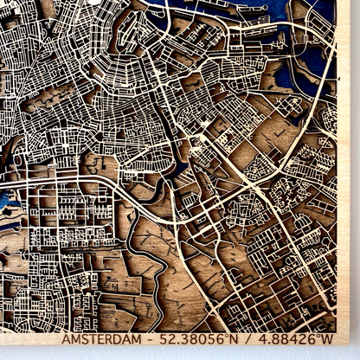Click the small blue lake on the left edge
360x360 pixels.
(7, 208)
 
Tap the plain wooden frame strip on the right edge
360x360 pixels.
(349, 173)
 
